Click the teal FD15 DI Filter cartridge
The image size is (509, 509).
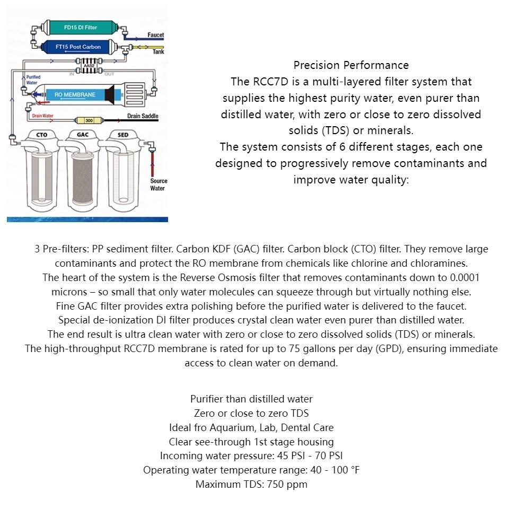pyautogui.click(x=80, y=27)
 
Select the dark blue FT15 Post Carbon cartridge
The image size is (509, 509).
pyautogui.click(x=78, y=47)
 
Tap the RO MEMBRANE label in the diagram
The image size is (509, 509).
pyautogui.click(x=75, y=95)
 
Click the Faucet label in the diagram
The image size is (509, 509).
pyautogui.click(x=155, y=35)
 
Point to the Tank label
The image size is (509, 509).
pyautogui.click(x=158, y=52)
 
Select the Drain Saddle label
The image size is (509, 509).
pyautogui.click(x=143, y=116)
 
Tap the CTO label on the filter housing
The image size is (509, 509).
pyautogui.click(x=42, y=135)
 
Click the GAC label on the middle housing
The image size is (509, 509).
pyautogui.click(x=83, y=135)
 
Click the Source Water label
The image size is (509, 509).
pyautogui.click(x=157, y=185)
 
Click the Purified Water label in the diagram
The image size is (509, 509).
pyautogui.click(x=33, y=80)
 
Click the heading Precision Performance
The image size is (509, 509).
pyautogui.click(x=351, y=65)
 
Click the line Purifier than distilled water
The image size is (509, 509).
pyautogui.click(x=251, y=399)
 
